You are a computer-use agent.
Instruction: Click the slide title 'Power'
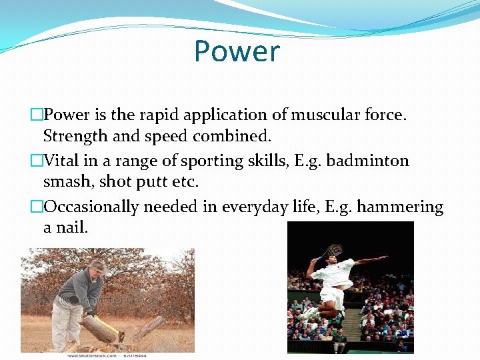coord(237,51)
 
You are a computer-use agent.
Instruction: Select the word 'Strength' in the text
coord(75,136)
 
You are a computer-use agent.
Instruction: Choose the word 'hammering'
coord(400,207)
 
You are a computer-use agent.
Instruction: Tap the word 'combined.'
coord(232,136)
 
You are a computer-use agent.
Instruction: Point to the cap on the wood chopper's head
coord(99,265)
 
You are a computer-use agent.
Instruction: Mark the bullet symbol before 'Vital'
coord(37,161)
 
